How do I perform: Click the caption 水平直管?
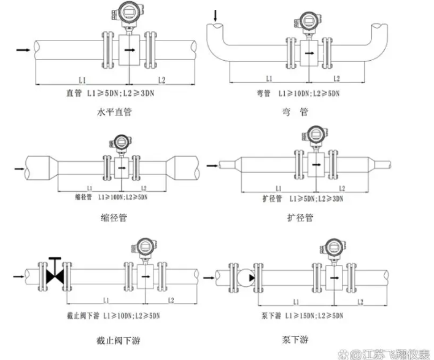coord(115,113)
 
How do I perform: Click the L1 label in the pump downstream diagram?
coord(296,300)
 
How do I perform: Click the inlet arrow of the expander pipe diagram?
coord(211,165)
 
